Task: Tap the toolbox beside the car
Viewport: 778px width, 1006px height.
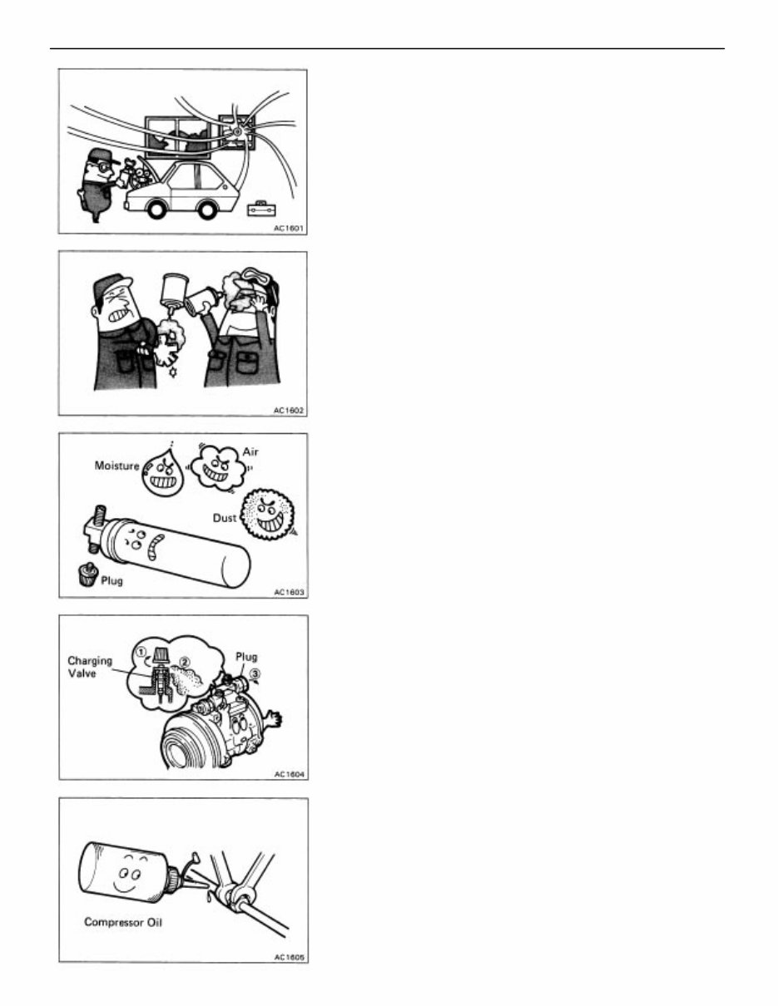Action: point(261,209)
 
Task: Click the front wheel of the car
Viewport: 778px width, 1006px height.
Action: point(156,210)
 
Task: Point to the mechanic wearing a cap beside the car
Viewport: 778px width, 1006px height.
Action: point(96,183)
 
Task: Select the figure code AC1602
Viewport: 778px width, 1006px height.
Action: point(288,410)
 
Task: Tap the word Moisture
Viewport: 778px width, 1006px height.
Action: point(116,468)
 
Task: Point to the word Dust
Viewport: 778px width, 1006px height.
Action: point(224,517)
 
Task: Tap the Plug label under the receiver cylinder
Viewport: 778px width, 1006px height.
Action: point(111,580)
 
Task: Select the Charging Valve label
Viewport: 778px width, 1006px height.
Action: point(90,668)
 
